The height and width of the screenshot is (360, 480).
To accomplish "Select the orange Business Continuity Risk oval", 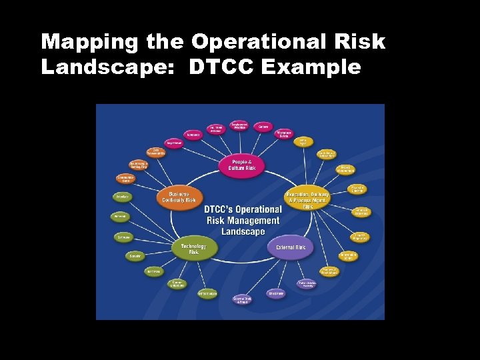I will coord(179,197).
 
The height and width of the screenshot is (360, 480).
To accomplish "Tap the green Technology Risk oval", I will coord(193,249).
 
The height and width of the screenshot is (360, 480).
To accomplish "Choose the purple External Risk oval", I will coord(291,247).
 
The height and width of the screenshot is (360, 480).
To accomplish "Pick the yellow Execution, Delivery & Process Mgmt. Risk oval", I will coord(307,197).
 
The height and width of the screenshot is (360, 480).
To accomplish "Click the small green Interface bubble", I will coord(122,197).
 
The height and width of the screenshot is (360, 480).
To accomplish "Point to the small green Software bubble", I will coord(124,237).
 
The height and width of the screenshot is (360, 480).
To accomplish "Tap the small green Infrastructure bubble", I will coord(207,293).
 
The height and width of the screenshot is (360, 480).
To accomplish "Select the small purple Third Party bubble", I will coord(276,293).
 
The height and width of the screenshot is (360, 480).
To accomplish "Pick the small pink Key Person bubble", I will coord(173,143).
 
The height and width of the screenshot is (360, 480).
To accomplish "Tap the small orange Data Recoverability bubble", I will coord(155,152).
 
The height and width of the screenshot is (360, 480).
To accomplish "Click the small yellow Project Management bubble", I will coord(345,169).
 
